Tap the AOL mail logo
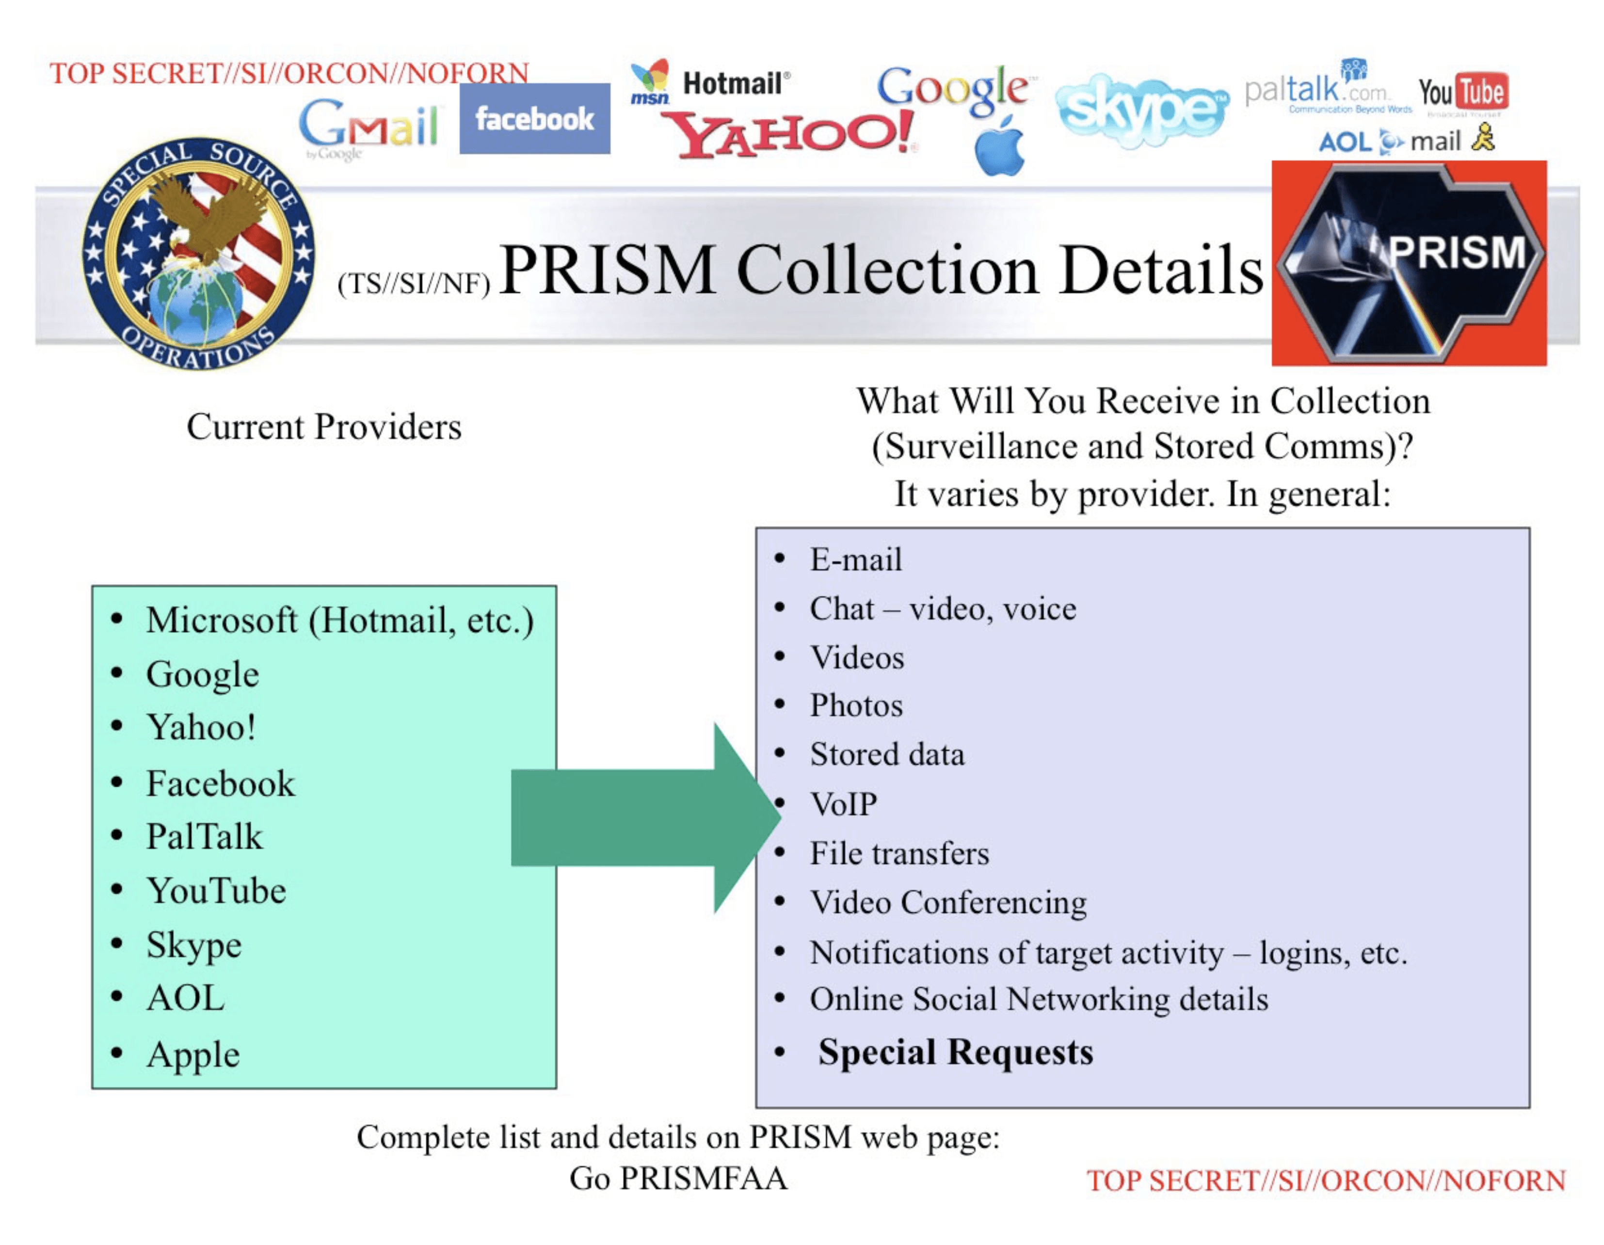pyautogui.click(x=1405, y=140)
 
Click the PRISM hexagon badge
pyautogui.click(x=1409, y=262)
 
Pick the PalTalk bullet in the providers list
pyautogui.click(x=204, y=837)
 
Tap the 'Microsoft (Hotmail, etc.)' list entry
pyautogui.click(x=339, y=621)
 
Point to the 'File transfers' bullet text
pyautogui.click(x=899, y=853)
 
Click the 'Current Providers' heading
pyautogui.click(x=324, y=427)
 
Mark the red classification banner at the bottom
pyautogui.click(x=1326, y=1181)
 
